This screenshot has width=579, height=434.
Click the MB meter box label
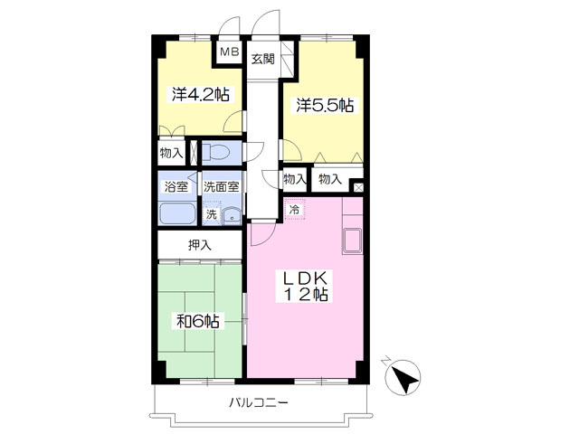(229, 52)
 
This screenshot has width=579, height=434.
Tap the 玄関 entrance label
(263, 59)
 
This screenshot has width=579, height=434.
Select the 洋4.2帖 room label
(201, 94)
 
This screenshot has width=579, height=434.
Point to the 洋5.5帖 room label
(325, 105)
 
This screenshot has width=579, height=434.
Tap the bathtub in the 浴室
(177, 213)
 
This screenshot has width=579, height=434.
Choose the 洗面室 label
(221, 187)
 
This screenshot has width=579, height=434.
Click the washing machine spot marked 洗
(211, 214)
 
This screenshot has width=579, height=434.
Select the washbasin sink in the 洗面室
(232, 215)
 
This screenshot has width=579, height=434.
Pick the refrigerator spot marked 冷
(295, 209)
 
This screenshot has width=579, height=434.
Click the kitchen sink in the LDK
(352, 241)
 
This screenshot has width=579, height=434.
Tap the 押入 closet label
(199, 245)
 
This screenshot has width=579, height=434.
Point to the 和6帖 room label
(198, 322)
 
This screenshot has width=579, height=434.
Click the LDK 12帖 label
(306, 286)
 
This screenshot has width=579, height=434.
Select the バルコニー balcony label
(259, 401)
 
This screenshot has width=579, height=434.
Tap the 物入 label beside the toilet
(171, 153)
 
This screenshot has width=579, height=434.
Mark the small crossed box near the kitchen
(358, 187)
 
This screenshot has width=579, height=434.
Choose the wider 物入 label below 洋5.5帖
(330, 180)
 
